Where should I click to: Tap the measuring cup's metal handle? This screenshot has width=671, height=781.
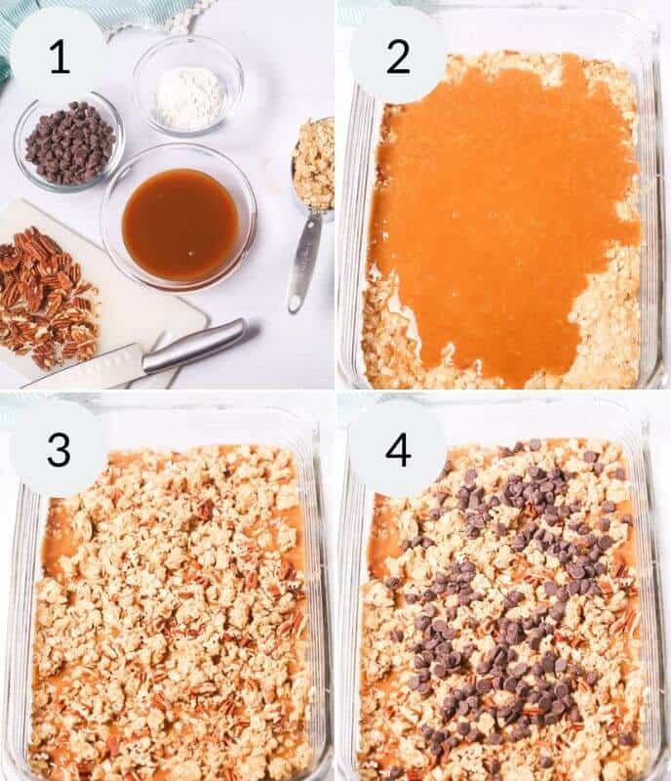pyautogui.click(x=303, y=264)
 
